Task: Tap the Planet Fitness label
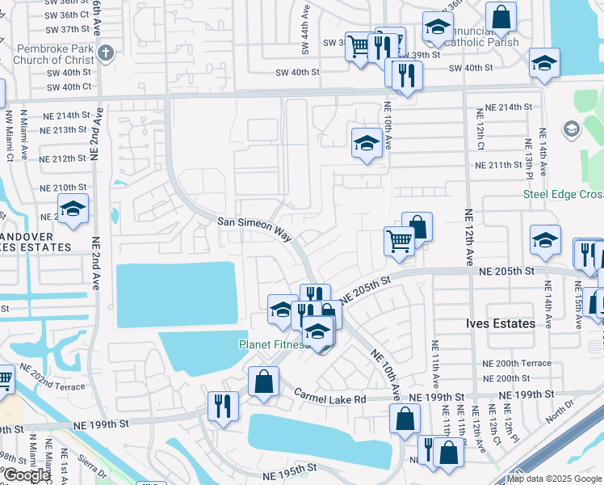(x=273, y=344)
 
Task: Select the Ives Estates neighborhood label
(x=501, y=323)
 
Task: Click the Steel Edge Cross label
(x=563, y=193)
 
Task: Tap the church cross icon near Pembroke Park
(x=105, y=54)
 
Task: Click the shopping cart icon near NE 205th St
(x=399, y=240)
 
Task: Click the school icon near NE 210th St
(x=73, y=209)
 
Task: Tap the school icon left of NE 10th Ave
(x=367, y=144)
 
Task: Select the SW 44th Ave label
(x=306, y=32)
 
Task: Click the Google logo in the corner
(x=27, y=475)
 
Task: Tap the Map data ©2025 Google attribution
(x=554, y=479)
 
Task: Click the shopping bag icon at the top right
(x=501, y=17)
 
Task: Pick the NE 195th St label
(x=293, y=469)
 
